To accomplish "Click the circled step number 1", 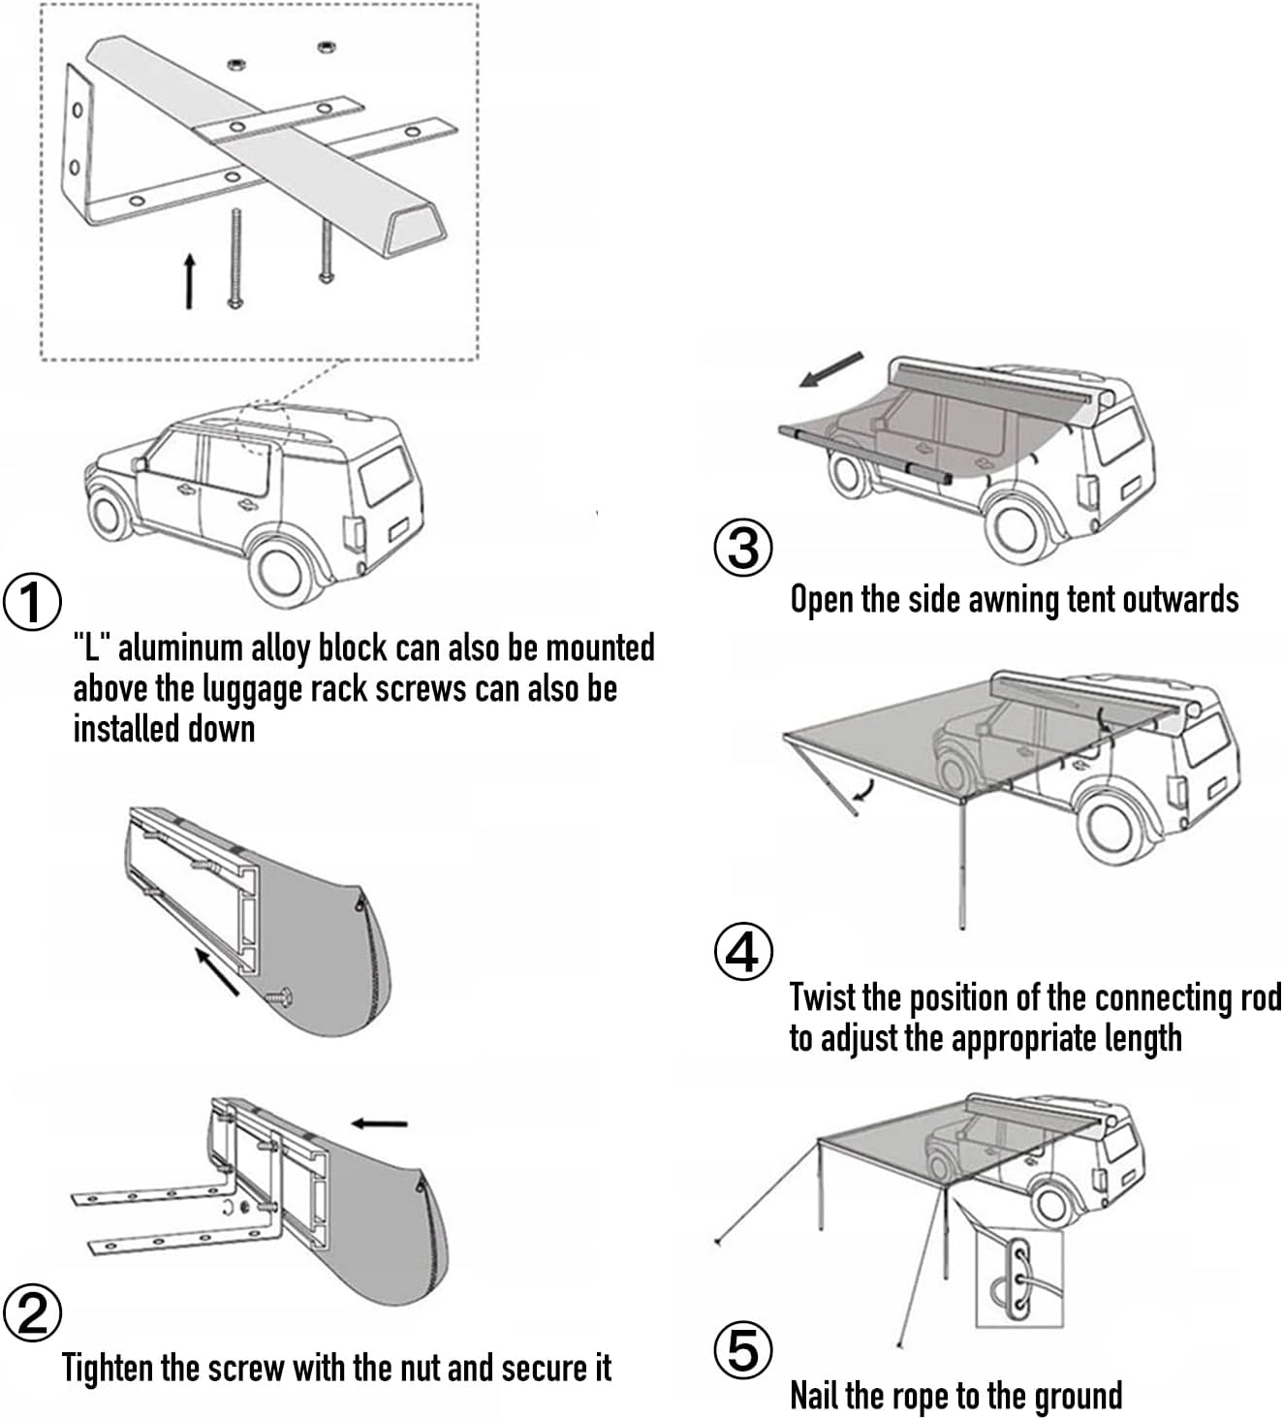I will coord(32,603).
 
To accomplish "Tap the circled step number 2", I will coord(32,1314).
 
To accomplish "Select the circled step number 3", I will coord(743,548).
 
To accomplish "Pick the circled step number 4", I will coord(743,953).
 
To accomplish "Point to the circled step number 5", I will coord(743,1350).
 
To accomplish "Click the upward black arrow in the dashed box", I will coord(190,281).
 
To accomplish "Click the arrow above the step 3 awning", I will coord(830,369).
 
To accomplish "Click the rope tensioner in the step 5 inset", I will coord(1017,1277).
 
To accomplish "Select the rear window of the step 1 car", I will coord(386,475).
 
